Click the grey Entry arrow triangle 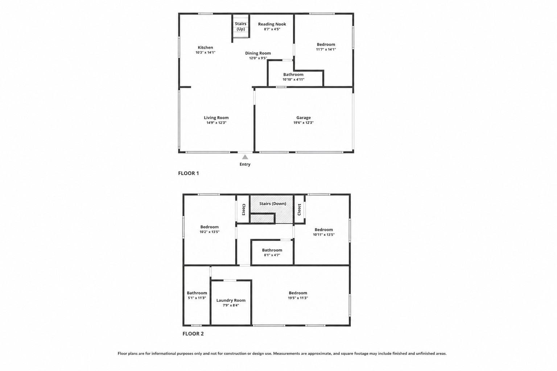click(245, 157)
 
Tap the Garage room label click(304, 117)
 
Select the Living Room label click(216, 117)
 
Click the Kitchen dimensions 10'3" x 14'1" click(205, 53)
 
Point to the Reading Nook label click(272, 24)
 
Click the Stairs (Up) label click(241, 26)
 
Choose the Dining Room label click(258, 53)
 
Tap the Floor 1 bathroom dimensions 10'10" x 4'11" click(293, 79)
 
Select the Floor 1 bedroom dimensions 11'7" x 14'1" click(326, 49)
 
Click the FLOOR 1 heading click(189, 173)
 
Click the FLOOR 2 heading click(193, 334)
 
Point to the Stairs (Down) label click(273, 204)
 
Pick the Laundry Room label click(231, 300)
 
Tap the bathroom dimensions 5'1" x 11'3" click(197, 298)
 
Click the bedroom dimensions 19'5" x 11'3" click(298, 298)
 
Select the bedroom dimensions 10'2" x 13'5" click(209, 232)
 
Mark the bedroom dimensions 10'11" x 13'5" click(324, 234)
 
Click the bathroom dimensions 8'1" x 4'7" click(272, 255)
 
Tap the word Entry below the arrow click(245, 164)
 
